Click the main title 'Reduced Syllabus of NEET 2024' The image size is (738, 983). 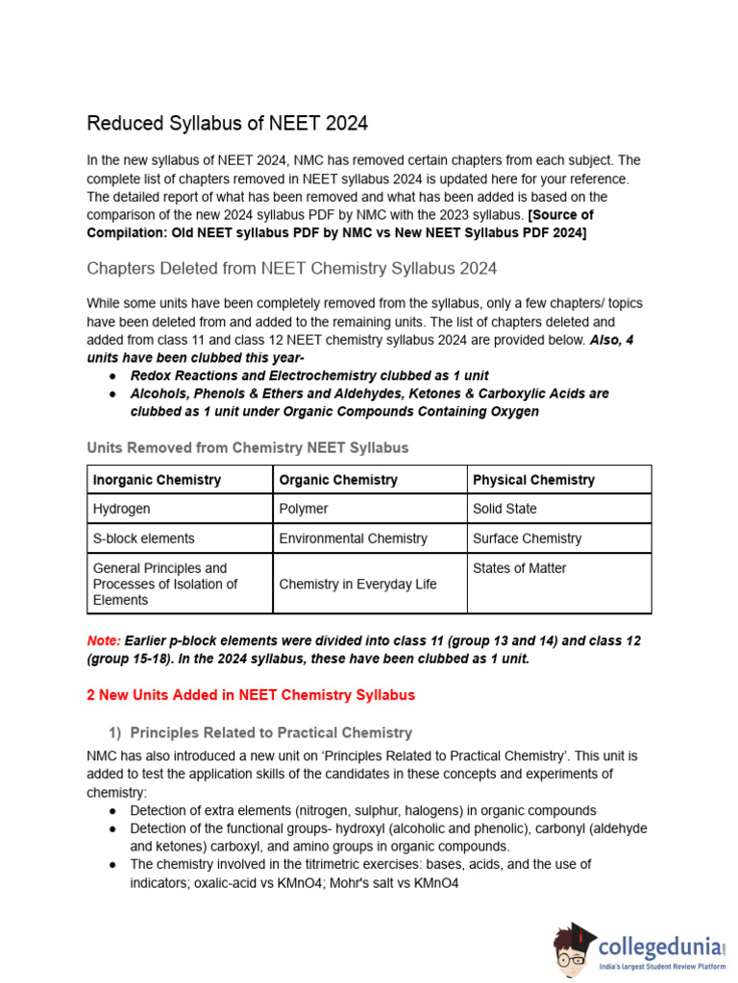(227, 124)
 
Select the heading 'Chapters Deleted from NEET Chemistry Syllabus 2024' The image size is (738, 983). (291, 268)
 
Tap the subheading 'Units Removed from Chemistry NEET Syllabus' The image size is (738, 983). (247, 447)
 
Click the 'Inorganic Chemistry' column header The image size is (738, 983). (157, 480)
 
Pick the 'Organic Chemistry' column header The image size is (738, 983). (338, 480)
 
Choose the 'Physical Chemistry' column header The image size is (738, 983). (533, 480)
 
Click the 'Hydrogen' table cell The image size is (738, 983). (121, 509)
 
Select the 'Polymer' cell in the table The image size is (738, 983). (304, 509)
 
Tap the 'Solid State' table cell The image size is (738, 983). (504, 509)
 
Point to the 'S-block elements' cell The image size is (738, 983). (143, 539)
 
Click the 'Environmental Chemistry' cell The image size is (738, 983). (353, 539)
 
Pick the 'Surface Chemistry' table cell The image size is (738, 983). (527, 539)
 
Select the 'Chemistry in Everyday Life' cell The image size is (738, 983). (357, 584)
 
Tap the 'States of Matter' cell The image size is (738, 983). (519, 568)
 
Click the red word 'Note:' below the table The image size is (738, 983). (104, 640)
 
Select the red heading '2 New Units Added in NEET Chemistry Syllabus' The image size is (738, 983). (251, 695)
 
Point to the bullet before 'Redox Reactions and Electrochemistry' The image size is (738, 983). (113, 376)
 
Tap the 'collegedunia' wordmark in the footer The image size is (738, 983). (658, 947)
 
